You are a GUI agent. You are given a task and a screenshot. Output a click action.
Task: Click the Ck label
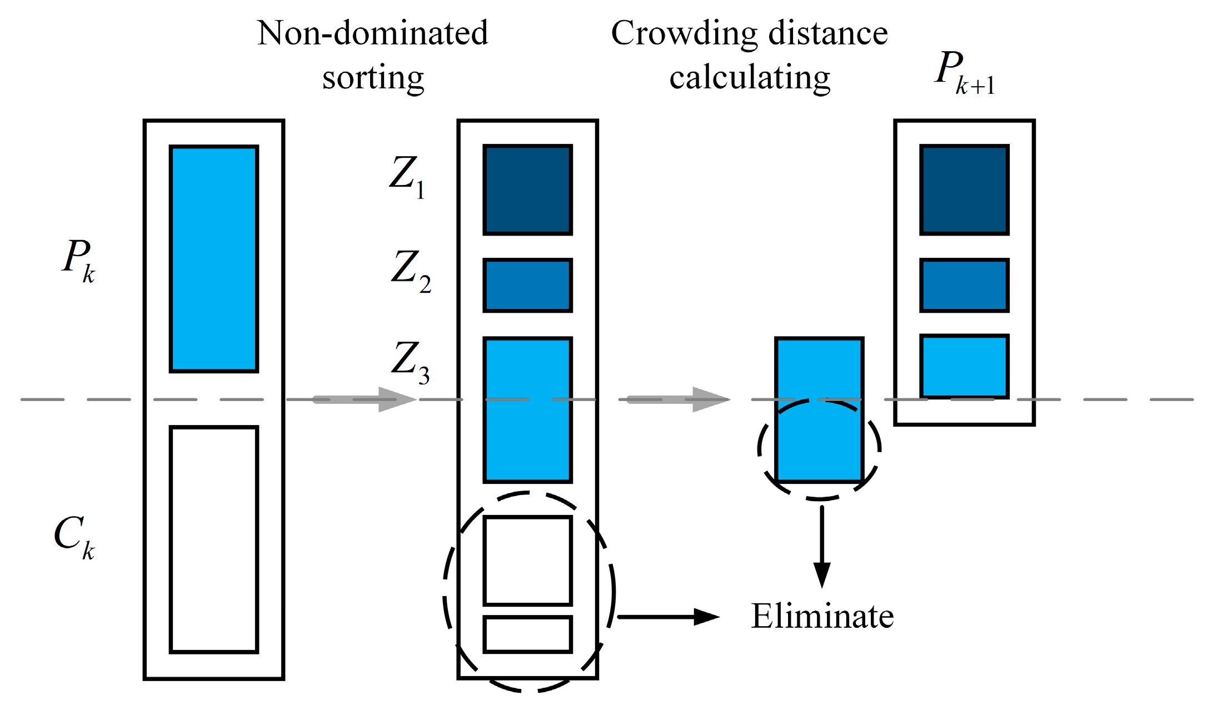coord(74,536)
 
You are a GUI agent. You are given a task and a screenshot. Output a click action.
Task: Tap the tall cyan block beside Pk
coord(214,258)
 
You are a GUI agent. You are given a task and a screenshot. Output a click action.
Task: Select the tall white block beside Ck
coord(214,539)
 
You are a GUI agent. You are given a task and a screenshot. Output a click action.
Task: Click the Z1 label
coord(407,177)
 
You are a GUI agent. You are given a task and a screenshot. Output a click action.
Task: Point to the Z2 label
coord(410,271)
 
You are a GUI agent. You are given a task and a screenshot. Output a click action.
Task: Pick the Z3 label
coord(410,362)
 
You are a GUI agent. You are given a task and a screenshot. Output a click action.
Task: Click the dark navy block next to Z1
coord(527,190)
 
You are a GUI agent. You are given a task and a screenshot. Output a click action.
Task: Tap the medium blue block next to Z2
coord(527,285)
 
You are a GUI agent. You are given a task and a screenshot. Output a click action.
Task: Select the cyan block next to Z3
coord(527,409)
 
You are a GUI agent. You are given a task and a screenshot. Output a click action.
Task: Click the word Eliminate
coord(822,616)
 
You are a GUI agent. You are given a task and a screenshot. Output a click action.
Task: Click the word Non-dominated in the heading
coord(372,33)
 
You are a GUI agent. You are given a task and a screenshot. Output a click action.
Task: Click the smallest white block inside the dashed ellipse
coord(527,634)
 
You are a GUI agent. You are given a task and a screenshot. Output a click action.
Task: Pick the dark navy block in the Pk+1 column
coord(964,190)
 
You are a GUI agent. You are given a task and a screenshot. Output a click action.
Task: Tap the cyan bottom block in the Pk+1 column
coord(964,366)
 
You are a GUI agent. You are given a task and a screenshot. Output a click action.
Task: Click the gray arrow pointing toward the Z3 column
coord(364,399)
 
